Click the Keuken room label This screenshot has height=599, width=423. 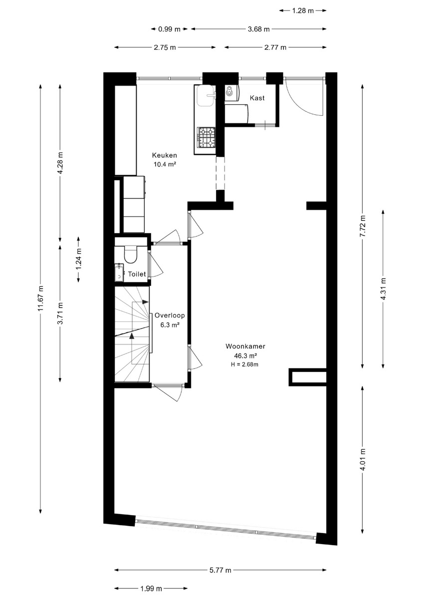tap(164, 155)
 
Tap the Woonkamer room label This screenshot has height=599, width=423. tap(245, 346)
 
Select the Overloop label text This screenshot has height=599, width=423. tap(170, 315)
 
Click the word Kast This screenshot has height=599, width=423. tap(257, 98)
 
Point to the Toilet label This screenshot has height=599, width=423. tap(137, 274)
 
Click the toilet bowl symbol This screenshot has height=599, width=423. tap(130, 254)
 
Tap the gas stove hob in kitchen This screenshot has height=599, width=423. tap(207, 137)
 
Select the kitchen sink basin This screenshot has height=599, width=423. tap(205, 96)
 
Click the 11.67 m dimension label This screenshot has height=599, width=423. tap(40, 298)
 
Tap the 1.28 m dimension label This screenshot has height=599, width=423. tap(303, 10)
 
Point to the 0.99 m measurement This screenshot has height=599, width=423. tap(169, 29)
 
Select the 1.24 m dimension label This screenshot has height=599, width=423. tap(78, 260)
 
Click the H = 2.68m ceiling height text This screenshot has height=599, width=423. tap(244, 364)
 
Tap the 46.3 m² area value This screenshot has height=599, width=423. tap(245, 355)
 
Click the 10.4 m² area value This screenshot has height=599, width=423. tap(164, 164)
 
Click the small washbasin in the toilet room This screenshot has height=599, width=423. tap(119, 272)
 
